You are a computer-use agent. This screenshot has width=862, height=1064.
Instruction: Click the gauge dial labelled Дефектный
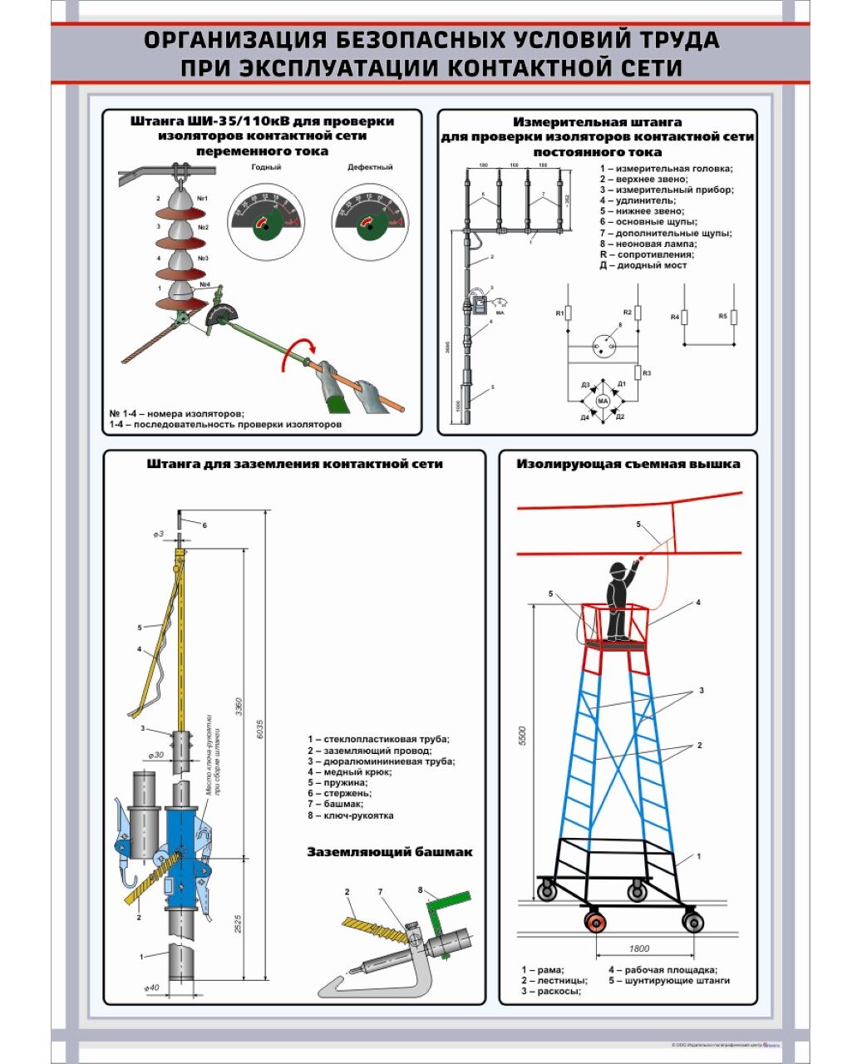pyautogui.click(x=368, y=219)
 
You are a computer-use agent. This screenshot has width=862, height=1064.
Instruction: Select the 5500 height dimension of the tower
pyautogui.click(x=523, y=736)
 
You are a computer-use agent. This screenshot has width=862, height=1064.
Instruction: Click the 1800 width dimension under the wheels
pyautogui.click(x=638, y=948)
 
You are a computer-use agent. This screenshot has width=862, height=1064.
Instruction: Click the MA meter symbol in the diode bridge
pyautogui.click(x=604, y=401)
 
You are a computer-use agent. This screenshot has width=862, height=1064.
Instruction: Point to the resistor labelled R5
pyautogui.click(x=734, y=318)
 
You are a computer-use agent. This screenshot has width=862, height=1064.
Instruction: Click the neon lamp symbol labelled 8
pyautogui.click(x=603, y=347)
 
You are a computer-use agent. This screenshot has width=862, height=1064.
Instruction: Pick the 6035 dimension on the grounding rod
pyautogui.click(x=260, y=727)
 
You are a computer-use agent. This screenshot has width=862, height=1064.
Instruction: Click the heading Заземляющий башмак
pyautogui.click(x=389, y=852)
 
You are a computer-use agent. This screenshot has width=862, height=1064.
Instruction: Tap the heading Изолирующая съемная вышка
pyautogui.click(x=628, y=464)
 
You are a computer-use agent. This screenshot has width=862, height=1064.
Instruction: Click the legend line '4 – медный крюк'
pyautogui.click(x=349, y=772)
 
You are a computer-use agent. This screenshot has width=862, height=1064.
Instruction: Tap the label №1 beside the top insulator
pyautogui.click(x=202, y=199)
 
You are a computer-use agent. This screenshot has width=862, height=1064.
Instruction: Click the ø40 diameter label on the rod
pyautogui.click(x=152, y=988)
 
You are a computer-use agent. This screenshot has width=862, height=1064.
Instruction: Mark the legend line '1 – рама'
pyautogui.click(x=543, y=969)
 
